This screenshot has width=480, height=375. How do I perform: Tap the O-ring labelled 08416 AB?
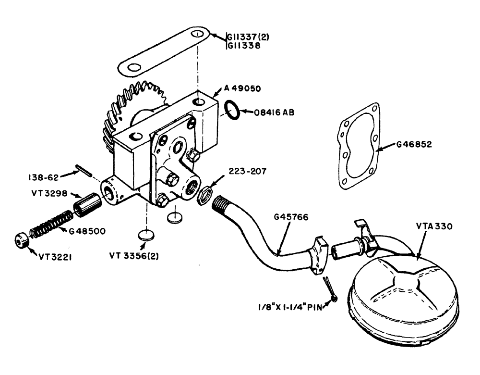232,110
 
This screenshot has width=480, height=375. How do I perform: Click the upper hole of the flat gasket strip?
197,34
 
